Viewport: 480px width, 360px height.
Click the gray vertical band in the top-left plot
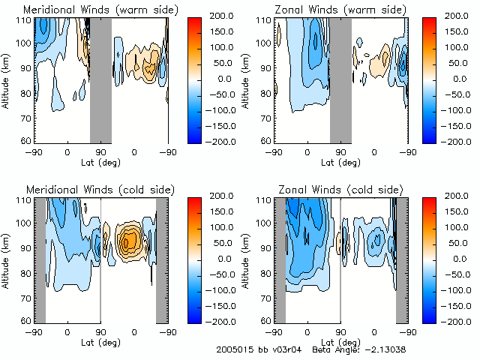100,79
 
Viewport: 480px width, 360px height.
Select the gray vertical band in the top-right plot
340,79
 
